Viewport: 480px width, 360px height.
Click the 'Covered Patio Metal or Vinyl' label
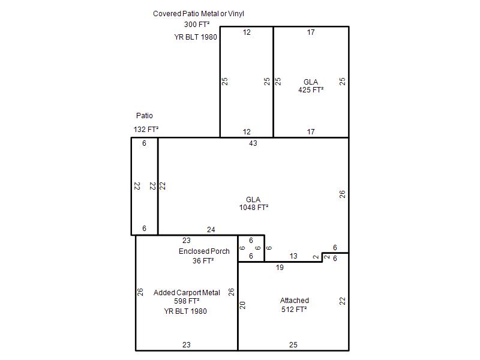tap(199, 14)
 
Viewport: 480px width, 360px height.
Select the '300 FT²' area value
tap(197, 25)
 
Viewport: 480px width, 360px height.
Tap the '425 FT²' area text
tap(311, 90)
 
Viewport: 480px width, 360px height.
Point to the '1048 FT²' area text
tap(254, 208)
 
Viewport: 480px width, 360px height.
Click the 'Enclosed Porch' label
tap(204, 251)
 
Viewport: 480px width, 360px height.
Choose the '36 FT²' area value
tap(203, 261)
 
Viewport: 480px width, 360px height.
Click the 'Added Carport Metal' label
tap(187, 293)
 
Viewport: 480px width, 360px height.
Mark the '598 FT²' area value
tap(187, 301)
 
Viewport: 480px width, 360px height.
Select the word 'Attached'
tap(295, 301)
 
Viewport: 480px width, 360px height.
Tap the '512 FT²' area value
tap(294, 310)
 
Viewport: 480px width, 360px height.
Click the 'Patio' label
tap(145, 116)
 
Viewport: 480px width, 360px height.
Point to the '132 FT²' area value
tap(146, 130)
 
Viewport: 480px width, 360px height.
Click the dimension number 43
tap(253, 143)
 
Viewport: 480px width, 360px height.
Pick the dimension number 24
tap(211, 230)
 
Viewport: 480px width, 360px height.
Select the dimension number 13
tap(293, 256)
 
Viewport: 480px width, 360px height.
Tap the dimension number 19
tap(280, 268)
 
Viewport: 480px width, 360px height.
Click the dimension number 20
tap(242, 305)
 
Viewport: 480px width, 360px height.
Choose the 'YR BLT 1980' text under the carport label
tap(185, 311)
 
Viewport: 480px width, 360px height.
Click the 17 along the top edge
tap(311, 32)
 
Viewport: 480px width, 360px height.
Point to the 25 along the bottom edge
tap(293, 345)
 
